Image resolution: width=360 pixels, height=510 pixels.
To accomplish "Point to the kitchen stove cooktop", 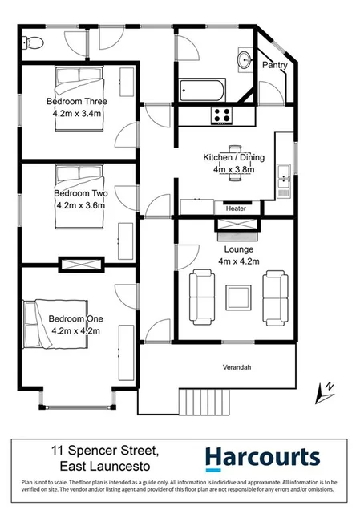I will (221, 116).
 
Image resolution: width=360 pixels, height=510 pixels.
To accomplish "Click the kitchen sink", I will (283, 177).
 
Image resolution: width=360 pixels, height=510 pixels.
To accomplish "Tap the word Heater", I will (236, 208).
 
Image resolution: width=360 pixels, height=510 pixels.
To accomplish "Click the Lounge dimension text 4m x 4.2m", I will (233, 261).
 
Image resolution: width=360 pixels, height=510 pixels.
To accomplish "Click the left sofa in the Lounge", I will (201, 297).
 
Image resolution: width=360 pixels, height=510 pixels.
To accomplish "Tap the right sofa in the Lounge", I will (275, 297).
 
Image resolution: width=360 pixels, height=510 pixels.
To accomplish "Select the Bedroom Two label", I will (75, 193).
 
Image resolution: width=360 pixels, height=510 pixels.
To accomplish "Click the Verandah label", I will (237, 367).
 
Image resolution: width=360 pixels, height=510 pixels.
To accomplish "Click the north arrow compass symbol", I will (327, 391).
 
